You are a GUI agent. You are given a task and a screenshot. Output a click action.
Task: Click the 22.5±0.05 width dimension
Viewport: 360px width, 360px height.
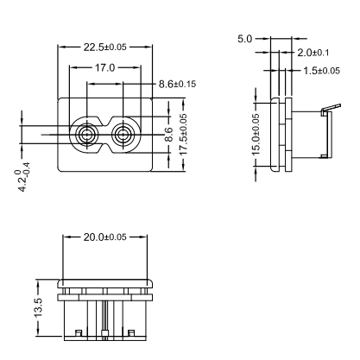tap(105, 47)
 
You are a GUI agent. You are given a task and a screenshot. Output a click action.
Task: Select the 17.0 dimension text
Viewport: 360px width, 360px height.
tap(104, 68)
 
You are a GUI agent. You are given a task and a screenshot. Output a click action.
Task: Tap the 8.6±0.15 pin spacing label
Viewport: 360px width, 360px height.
tap(177, 84)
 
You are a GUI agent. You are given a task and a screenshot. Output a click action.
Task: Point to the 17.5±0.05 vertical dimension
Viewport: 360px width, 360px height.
tap(183, 134)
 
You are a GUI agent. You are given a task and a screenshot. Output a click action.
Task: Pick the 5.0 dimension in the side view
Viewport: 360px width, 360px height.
tap(244, 39)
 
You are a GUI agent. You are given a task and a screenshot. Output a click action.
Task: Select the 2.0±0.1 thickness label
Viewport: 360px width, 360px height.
tap(313, 53)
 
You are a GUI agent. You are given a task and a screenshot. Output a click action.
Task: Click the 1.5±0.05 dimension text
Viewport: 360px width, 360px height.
tap(322, 71)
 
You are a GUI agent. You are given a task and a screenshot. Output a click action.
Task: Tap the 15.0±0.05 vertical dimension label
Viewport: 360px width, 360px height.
tap(256, 134)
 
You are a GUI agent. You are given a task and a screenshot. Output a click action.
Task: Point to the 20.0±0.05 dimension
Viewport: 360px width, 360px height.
tap(105, 237)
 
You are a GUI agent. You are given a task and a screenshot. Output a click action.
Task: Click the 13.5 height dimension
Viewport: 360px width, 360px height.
tap(38, 307)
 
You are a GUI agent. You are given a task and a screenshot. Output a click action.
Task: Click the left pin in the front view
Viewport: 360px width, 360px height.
tap(86, 134)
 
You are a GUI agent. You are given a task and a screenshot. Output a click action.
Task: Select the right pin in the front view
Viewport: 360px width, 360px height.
tap(123, 134)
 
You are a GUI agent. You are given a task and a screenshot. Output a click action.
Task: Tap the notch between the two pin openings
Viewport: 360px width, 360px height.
tap(104, 123)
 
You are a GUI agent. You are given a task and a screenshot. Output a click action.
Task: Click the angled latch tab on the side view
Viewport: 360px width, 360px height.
tap(332, 108)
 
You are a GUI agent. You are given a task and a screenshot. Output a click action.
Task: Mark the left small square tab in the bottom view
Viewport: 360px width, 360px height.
tap(79, 333)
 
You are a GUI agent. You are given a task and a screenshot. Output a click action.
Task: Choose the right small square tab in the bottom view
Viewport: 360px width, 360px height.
tap(131, 333)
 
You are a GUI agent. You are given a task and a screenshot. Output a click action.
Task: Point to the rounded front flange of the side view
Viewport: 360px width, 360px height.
tap(275, 135)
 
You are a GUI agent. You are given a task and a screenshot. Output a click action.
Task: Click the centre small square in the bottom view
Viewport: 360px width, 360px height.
tap(104, 334)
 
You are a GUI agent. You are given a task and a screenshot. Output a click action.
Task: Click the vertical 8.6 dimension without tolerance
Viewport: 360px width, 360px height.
tap(169, 135)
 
